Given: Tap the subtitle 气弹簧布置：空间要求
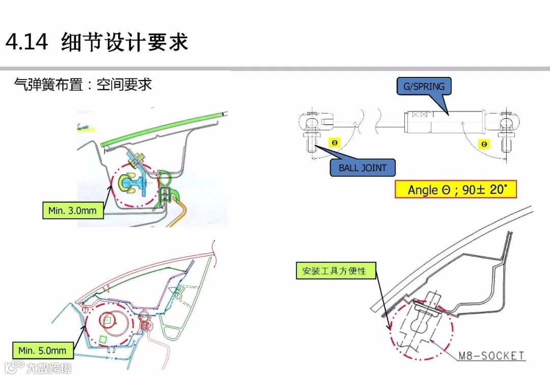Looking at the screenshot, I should (x=83, y=84).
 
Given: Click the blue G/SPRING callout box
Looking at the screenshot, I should (x=423, y=86).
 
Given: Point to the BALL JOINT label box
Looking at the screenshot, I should (x=362, y=168).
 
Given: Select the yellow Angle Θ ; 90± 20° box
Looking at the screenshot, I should (x=456, y=190).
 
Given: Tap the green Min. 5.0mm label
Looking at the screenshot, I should (x=42, y=350).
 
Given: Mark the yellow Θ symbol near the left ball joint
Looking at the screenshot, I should (x=334, y=143).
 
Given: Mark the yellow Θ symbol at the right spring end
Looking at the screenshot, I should (x=484, y=144).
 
